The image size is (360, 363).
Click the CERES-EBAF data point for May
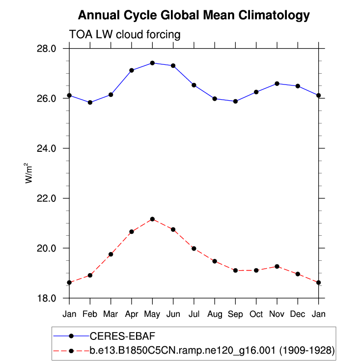[x=152, y=63]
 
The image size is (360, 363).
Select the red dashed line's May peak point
[x=152, y=219]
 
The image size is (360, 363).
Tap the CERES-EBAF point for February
[x=90, y=103]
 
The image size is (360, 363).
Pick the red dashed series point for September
[x=235, y=271]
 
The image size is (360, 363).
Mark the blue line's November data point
[x=277, y=84]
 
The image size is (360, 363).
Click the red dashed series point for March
[x=111, y=254]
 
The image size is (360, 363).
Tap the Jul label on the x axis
[x=194, y=313]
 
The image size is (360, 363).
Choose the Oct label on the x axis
[x=256, y=313]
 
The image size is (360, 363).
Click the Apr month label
[x=131, y=313]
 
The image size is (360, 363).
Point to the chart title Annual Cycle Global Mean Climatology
[x=194, y=15]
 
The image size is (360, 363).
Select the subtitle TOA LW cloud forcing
[x=125, y=35]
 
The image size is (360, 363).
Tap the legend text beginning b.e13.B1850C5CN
[x=212, y=351]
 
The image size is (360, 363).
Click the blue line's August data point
[x=215, y=99]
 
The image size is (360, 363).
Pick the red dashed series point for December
[x=298, y=274]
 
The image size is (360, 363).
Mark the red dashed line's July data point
[x=194, y=249]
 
